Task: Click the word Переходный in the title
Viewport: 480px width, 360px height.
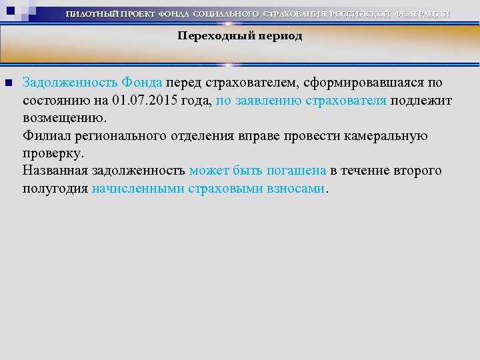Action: click(x=208, y=36)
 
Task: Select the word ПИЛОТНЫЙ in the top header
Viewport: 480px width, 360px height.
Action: click(x=89, y=14)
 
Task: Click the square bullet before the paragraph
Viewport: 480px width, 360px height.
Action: click(x=9, y=83)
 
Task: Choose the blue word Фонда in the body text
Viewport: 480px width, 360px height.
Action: click(x=141, y=83)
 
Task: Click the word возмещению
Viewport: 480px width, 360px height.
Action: click(x=63, y=118)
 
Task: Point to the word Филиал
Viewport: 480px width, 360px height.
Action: click(x=44, y=136)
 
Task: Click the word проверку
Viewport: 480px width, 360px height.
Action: click(x=53, y=153)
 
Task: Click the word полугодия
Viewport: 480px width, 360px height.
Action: click(x=55, y=188)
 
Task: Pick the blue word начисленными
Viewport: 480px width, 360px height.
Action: click(x=138, y=188)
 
